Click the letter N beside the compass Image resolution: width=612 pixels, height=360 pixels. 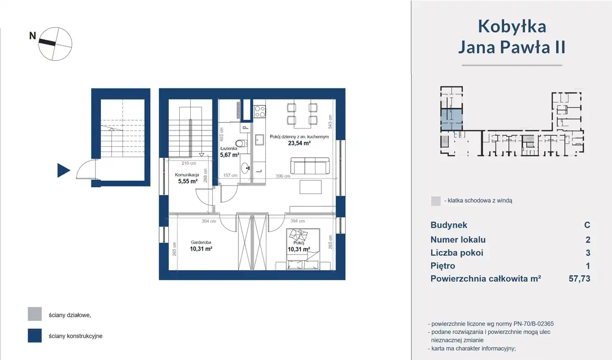pyautogui.click(x=33, y=36)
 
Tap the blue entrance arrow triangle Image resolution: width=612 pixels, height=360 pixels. pyautogui.click(x=64, y=171)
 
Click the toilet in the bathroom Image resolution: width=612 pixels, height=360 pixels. pyautogui.click(x=241, y=143)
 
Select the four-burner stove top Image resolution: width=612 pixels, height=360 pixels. pyautogui.click(x=260, y=112)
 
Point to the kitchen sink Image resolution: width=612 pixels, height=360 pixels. pyautogui.click(x=260, y=140)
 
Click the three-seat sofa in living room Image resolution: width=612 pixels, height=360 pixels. pyautogui.click(x=310, y=165)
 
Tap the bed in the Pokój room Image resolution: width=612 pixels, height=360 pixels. pyautogui.click(x=303, y=249)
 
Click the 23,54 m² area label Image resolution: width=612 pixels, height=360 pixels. pyautogui.click(x=299, y=143)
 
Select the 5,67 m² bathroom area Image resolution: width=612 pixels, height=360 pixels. pyautogui.click(x=230, y=155)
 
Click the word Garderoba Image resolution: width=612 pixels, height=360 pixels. pyautogui.click(x=201, y=242)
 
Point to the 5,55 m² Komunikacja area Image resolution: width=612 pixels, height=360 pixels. pyautogui.click(x=188, y=181)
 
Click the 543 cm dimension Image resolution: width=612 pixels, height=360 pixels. pyautogui.click(x=330, y=121)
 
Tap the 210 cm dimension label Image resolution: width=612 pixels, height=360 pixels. pyautogui.click(x=189, y=164)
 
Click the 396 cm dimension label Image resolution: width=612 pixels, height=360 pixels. pyautogui.click(x=283, y=176)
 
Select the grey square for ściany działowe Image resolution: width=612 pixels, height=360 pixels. pyautogui.click(x=35, y=314)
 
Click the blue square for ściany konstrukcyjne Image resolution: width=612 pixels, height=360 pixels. pyautogui.click(x=35, y=336)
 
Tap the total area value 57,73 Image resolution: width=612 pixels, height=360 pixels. pyautogui.click(x=579, y=279)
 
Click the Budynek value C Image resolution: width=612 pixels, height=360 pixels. pyautogui.click(x=587, y=225)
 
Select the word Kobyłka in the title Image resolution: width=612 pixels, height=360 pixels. pyautogui.click(x=512, y=26)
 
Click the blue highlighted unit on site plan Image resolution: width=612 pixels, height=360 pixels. pyautogui.click(x=451, y=120)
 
